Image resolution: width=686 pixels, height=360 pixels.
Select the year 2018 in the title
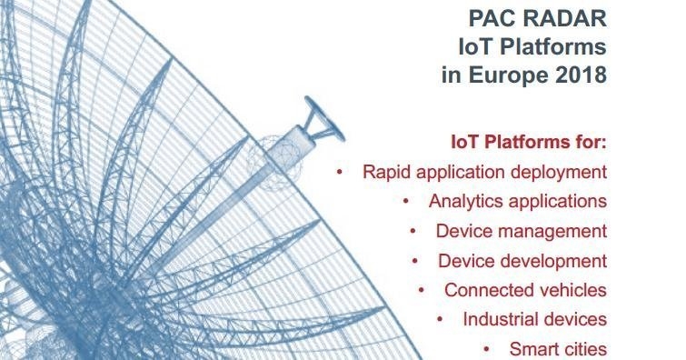pyautogui.click(x=581, y=75)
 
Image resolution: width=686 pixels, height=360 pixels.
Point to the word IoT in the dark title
pyautogui.click(x=475, y=46)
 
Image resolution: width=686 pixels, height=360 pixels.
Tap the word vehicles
pyautogui.click(x=573, y=290)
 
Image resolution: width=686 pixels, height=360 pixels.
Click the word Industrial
pyautogui.click(x=499, y=319)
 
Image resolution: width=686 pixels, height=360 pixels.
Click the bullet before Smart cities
pyautogui.click(x=486, y=349)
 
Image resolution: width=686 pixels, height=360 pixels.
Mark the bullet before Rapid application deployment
pyautogui.click(x=340, y=172)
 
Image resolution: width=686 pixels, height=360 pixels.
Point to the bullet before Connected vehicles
pyautogui.click(x=422, y=290)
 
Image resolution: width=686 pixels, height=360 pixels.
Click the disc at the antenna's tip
pyautogui.click(x=324, y=119)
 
